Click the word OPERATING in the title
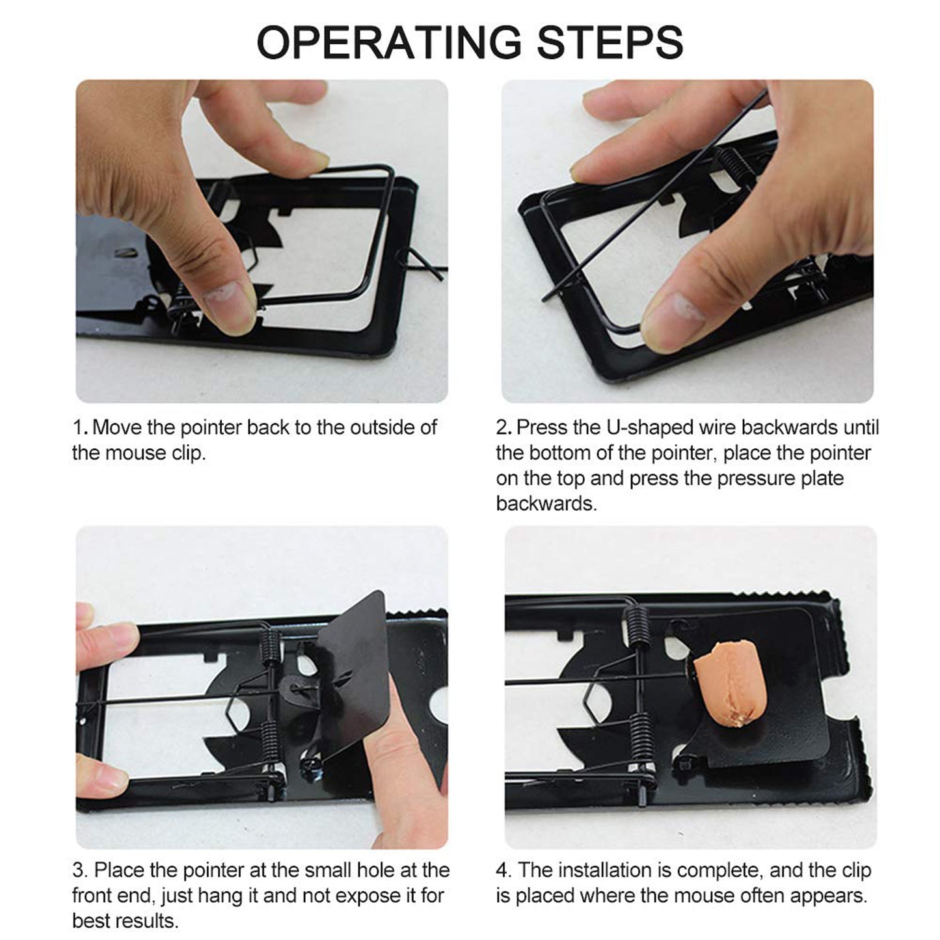pos(388,42)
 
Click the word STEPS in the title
pos(610,42)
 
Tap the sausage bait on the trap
pos(727,683)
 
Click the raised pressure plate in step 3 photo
pos(355,677)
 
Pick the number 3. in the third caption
pos(79,870)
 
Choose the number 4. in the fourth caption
pos(504,870)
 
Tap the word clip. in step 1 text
pos(189,453)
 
